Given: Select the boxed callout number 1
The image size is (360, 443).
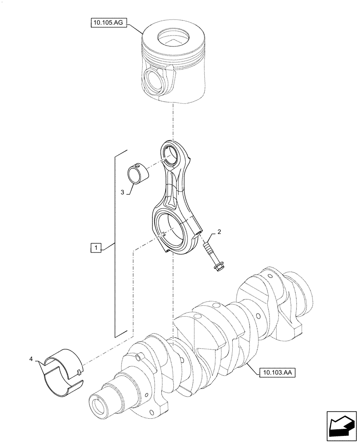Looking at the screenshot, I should point(96,248).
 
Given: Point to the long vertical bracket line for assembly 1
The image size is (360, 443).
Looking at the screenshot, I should point(115,244).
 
